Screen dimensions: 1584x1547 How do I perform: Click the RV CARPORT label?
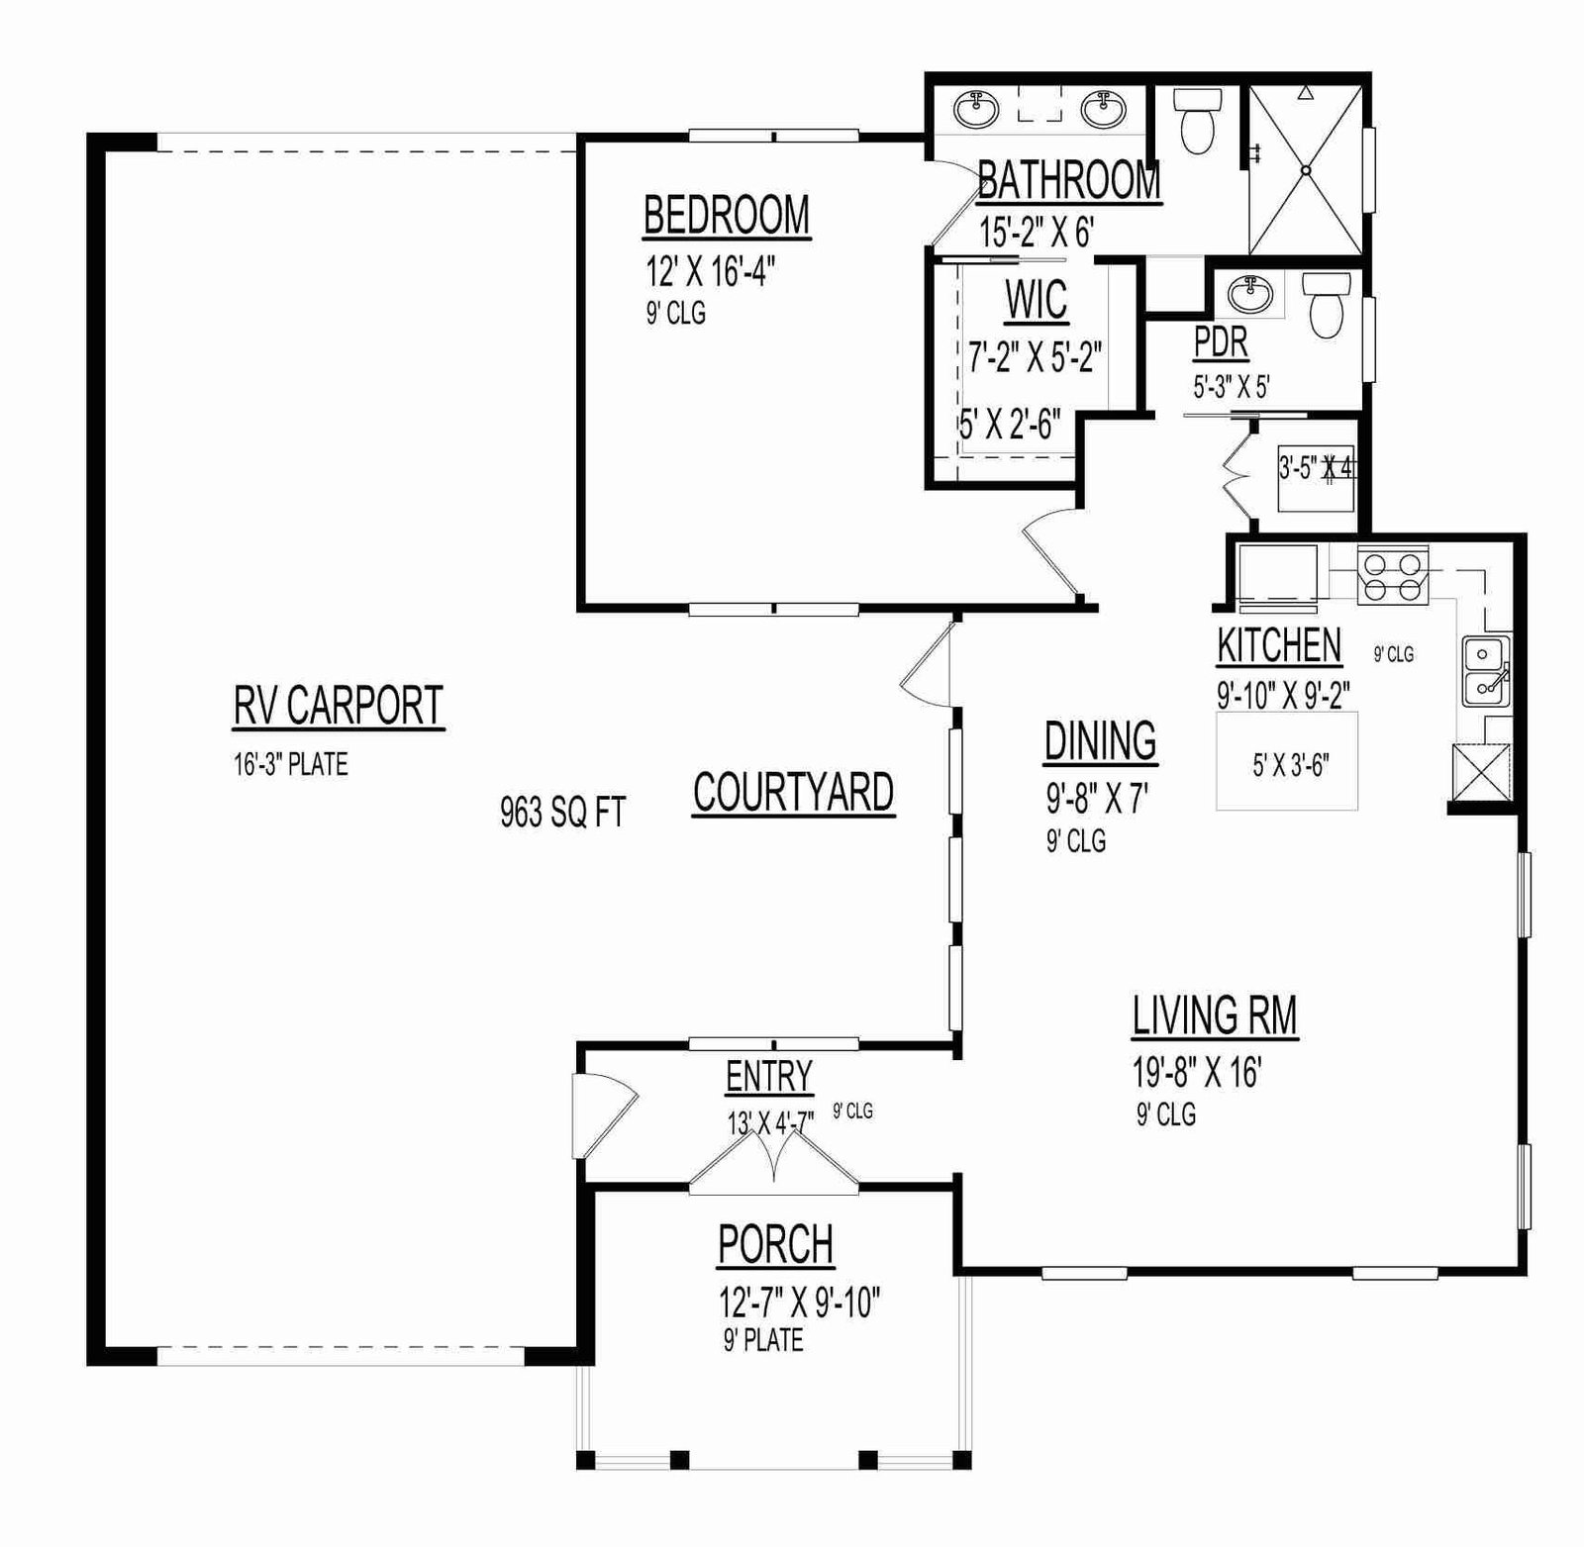coord(339,706)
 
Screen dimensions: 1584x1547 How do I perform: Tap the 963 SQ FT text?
coord(562,813)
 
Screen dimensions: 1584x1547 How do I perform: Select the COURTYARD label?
coord(794,792)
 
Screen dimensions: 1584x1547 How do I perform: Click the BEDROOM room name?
coord(727,215)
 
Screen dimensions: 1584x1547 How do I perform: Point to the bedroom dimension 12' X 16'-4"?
coord(710,269)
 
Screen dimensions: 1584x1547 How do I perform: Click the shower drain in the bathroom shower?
coord(1306,170)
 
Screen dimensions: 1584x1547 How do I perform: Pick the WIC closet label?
coord(1037,300)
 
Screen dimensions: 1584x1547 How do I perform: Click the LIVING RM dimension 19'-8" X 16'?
coord(1196,1072)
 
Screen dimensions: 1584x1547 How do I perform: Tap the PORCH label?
coord(776,1245)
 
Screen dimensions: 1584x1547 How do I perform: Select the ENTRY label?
coord(769,1077)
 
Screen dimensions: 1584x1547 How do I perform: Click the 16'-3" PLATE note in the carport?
coord(291,764)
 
